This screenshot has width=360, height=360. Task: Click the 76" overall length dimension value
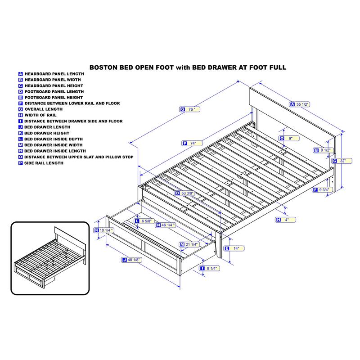192,109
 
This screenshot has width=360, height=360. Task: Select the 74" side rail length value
193,143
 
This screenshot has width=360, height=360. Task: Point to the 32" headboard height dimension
343,161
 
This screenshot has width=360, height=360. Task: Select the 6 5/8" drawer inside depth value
146,221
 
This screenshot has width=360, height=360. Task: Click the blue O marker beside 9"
282,138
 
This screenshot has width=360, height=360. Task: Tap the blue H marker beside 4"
279,220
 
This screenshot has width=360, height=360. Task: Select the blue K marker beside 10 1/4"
96,230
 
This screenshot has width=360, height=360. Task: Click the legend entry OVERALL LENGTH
44,109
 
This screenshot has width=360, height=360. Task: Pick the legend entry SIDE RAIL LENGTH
44,163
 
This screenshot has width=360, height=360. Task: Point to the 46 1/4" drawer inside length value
168,225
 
